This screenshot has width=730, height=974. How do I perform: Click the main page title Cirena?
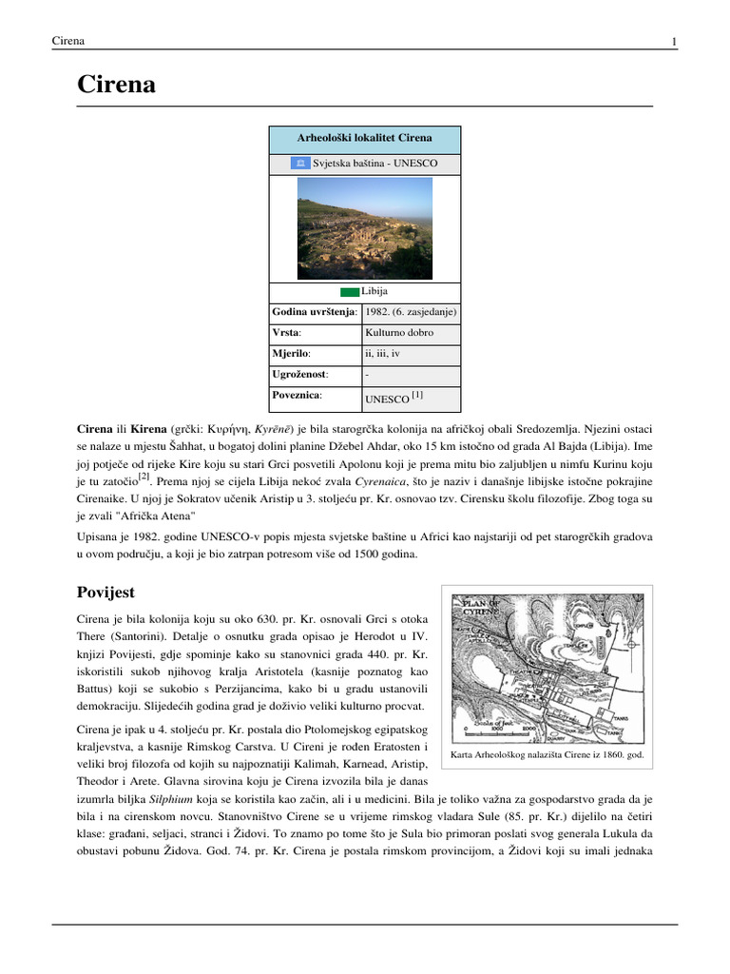pos(116,87)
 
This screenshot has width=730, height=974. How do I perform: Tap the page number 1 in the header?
pos(674,41)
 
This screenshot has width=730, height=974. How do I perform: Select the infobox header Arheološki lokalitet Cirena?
pos(365,139)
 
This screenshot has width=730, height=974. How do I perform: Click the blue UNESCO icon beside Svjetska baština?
pos(299,164)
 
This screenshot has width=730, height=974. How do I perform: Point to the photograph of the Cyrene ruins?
pos(365,229)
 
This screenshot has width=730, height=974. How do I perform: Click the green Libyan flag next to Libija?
pos(350,291)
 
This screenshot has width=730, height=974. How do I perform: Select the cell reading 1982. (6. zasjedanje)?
pos(411,311)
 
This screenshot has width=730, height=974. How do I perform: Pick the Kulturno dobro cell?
pos(399,333)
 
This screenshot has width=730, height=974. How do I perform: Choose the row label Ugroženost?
pos(294,375)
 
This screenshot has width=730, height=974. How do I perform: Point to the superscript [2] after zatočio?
pos(144,477)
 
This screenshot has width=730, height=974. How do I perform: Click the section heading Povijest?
pos(108,593)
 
